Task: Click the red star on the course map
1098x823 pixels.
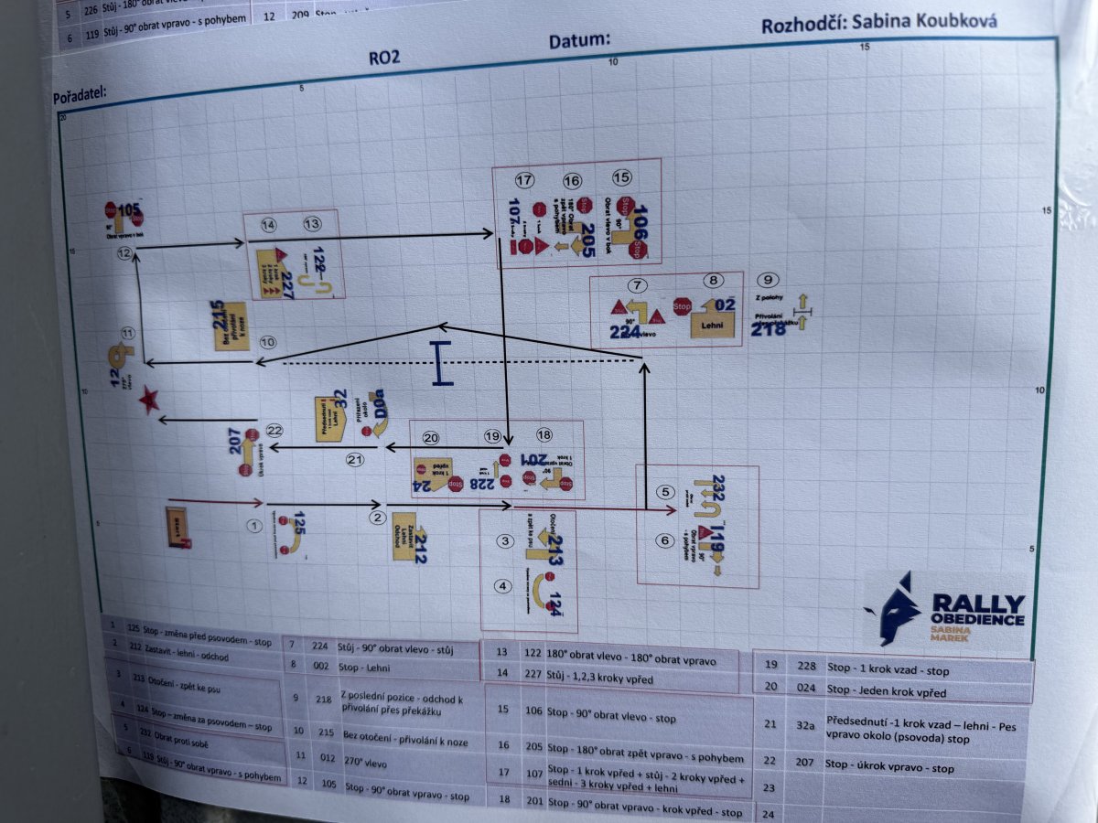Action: (x=148, y=399)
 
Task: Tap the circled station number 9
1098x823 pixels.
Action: (x=770, y=280)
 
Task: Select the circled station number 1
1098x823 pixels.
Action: (x=255, y=526)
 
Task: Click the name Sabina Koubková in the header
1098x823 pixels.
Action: (x=923, y=21)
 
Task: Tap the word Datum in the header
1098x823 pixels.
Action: (x=579, y=41)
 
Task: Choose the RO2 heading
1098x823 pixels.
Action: (x=384, y=57)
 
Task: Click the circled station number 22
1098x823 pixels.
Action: (x=274, y=431)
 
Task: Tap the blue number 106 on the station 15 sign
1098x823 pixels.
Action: (x=639, y=219)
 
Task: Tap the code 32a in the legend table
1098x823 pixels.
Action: (x=804, y=724)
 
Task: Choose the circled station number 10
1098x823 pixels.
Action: (x=267, y=342)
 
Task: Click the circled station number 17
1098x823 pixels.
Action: (x=524, y=180)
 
